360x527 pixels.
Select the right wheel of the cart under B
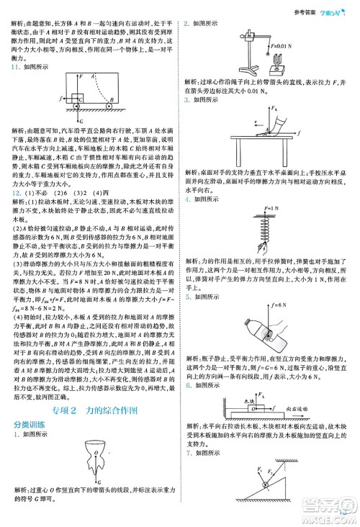pyautogui.click(x=109, y=109)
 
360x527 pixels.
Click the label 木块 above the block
pyautogui.click(x=245, y=400)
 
